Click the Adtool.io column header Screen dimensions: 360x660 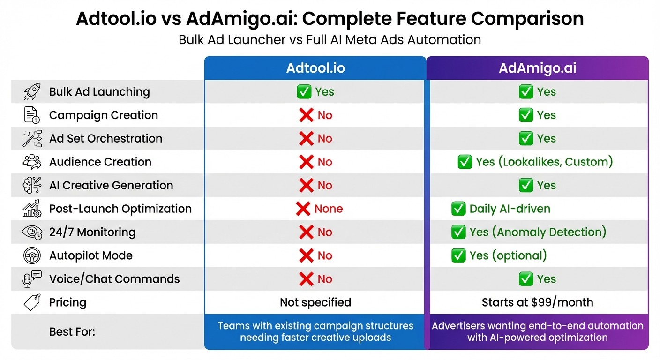pos(315,68)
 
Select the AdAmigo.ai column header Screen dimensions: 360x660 pos(537,68)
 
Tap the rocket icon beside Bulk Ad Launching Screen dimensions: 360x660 pos(32,92)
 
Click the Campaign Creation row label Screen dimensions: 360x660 pos(104,115)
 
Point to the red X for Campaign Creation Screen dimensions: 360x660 pos(306,115)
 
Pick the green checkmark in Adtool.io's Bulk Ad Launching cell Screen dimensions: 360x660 pos(304,92)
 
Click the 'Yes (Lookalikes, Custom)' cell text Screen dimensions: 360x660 pos(544,162)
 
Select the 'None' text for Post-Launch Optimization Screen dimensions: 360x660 pos(329,209)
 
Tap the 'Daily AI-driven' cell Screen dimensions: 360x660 pos(510,209)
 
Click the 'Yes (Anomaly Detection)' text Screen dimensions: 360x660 pos(538,232)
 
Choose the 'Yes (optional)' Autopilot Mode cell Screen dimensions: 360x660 pos(508,255)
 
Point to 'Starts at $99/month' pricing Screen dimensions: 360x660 pos(537,302)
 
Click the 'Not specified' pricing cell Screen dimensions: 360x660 pos(315,302)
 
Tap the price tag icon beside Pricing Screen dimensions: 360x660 pos(32,302)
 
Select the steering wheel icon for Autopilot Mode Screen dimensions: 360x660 pos(32,255)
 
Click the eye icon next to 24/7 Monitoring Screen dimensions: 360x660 pos(32,232)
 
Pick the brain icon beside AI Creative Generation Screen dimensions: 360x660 pos(32,186)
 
